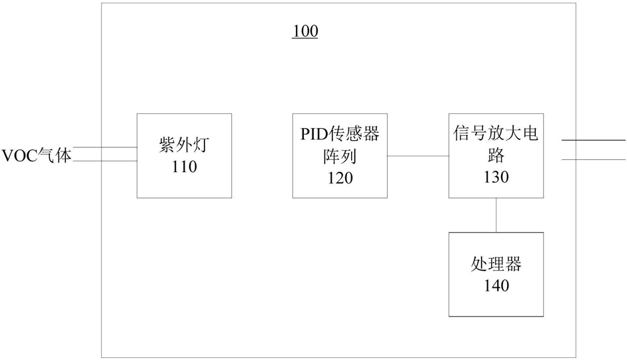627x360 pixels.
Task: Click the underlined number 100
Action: tap(305, 31)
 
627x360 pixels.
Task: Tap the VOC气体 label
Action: tap(37, 155)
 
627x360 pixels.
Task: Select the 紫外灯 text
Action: tap(184, 145)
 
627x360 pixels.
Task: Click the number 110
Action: tap(185, 167)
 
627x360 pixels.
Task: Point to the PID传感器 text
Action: tap(340, 133)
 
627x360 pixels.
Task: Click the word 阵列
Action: tap(340, 156)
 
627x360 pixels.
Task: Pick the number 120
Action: tap(340, 177)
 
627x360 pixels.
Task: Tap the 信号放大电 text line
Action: tap(496, 133)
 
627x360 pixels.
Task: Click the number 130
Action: tap(496, 177)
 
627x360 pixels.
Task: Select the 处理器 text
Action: tap(496, 264)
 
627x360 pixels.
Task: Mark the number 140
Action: tap(496, 285)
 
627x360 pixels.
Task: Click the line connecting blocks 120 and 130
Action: tap(418, 156)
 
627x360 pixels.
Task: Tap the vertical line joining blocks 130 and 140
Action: tap(496, 215)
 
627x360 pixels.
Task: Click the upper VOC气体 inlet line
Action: tap(105, 147)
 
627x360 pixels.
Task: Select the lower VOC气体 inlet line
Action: tap(105, 161)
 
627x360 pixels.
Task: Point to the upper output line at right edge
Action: tap(594, 141)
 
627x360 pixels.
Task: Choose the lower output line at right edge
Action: tap(594, 159)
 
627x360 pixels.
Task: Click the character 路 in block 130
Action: tap(496, 155)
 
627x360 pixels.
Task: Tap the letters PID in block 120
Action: tap(314, 134)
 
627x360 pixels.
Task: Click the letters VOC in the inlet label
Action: tap(19, 155)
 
